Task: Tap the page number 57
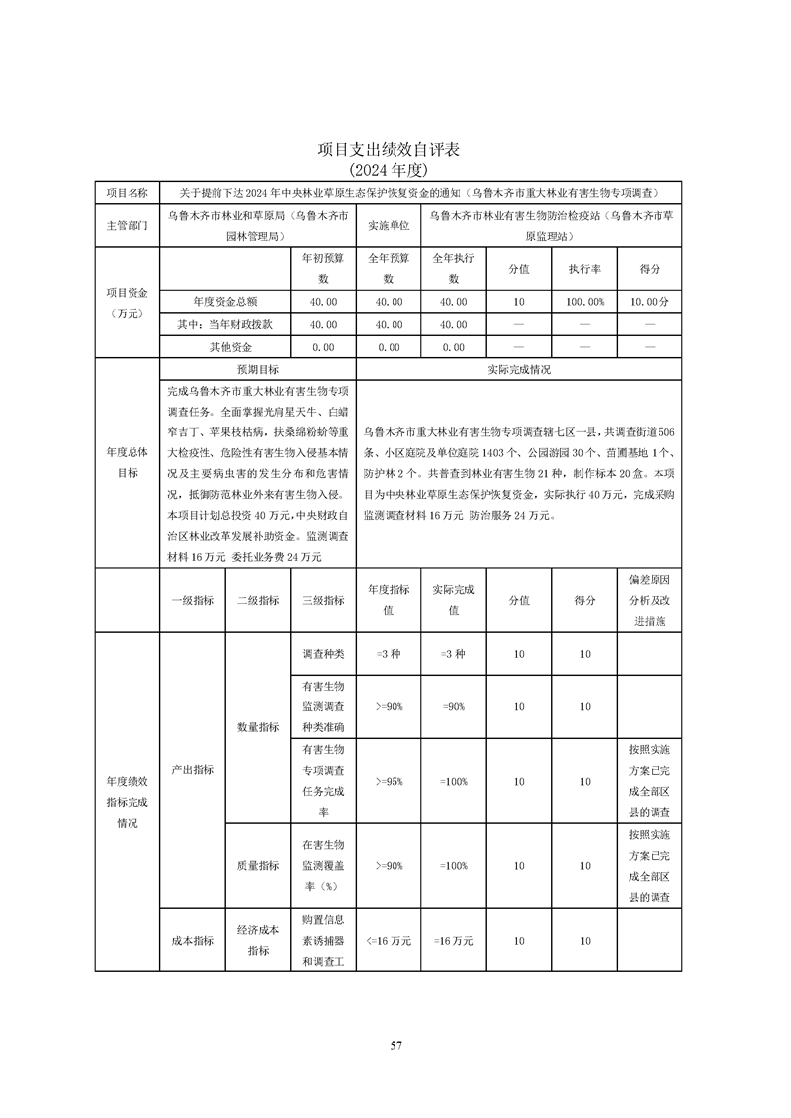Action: (395, 1045)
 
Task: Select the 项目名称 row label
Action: (127, 192)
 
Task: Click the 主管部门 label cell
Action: (127, 226)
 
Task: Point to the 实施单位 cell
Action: (389, 226)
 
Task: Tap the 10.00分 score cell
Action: (650, 300)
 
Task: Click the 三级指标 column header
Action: (322, 600)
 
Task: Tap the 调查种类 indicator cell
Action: (322, 654)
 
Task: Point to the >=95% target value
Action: (389, 782)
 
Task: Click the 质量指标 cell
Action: (257, 866)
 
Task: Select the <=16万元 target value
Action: (389, 940)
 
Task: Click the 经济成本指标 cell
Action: (257, 940)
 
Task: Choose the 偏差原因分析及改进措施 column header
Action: (650, 600)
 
